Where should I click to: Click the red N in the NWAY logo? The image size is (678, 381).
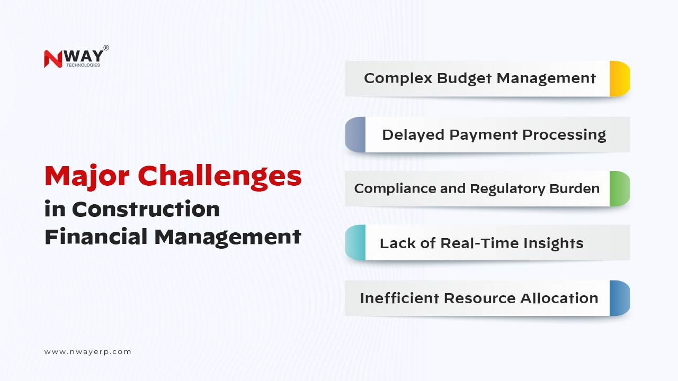pyautogui.click(x=53, y=59)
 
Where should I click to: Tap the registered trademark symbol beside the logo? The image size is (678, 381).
pyautogui.click(x=106, y=48)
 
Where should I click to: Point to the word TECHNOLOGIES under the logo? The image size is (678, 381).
pyautogui.click(x=83, y=65)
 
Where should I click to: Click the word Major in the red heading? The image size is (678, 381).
pyautogui.click(x=87, y=177)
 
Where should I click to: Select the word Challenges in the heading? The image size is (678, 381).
pyautogui.click(x=220, y=177)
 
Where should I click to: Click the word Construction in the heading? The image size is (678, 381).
pyautogui.click(x=146, y=209)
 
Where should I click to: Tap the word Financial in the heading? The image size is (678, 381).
pyautogui.click(x=96, y=237)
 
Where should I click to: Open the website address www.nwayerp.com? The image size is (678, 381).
pyautogui.click(x=88, y=352)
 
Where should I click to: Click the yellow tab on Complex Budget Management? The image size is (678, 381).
pyautogui.click(x=620, y=79)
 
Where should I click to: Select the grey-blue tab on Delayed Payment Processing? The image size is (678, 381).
pyautogui.click(x=355, y=134)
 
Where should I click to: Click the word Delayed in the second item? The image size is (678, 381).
pyautogui.click(x=413, y=135)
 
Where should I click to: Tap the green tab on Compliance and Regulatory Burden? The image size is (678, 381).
pyautogui.click(x=620, y=189)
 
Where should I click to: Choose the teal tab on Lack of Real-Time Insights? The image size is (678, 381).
pyautogui.click(x=355, y=242)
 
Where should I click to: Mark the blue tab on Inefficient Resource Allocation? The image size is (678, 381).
pyautogui.click(x=620, y=298)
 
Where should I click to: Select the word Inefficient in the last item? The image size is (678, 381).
pyautogui.click(x=399, y=298)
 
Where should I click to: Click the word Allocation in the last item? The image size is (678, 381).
pyautogui.click(x=559, y=298)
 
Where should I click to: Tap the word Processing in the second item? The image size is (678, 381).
pyautogui.click(x=564, y=135)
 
